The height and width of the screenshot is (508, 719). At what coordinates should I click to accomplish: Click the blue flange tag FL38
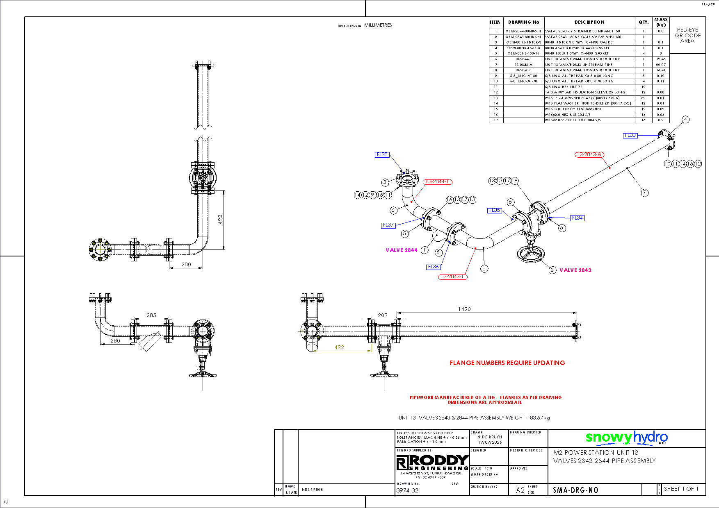(x=382, y=154)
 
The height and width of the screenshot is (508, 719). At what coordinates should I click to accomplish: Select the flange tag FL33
(x=630, y=135)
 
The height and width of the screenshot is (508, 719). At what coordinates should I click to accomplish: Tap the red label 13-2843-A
(x=589, y=154)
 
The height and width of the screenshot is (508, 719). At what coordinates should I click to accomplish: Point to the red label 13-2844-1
(x=438, y=181)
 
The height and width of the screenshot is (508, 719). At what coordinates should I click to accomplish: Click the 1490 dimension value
(x=464, y=309)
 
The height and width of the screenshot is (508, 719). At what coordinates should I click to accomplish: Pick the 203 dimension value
(x=382, y=315)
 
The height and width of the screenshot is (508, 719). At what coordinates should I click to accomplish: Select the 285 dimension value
(x=151, y=315)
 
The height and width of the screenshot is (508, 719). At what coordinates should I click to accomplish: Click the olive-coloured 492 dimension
(x=339, y=347)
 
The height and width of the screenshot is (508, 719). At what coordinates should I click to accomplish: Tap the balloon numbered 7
(x=645, y=193)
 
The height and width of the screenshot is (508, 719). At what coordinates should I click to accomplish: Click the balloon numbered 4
(x=685, y=120)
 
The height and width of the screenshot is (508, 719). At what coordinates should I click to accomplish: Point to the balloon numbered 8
(x=484, y=269)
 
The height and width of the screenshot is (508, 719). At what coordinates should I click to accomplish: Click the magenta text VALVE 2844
(x=401, y=250)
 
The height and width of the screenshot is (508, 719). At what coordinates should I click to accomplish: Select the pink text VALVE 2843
(x=575, y=270)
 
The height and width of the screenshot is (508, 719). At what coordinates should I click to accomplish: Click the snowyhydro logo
(x=626, y=438)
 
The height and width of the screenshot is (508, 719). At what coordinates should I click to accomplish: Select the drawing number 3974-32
(x=407, y=490)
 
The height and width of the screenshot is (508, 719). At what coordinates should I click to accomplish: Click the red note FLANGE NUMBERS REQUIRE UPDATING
(x=507, y=363)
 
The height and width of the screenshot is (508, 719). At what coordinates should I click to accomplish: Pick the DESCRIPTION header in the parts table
(x=589, y=22)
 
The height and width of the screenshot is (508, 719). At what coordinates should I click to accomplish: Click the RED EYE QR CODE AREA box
(x=688, y=35)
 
